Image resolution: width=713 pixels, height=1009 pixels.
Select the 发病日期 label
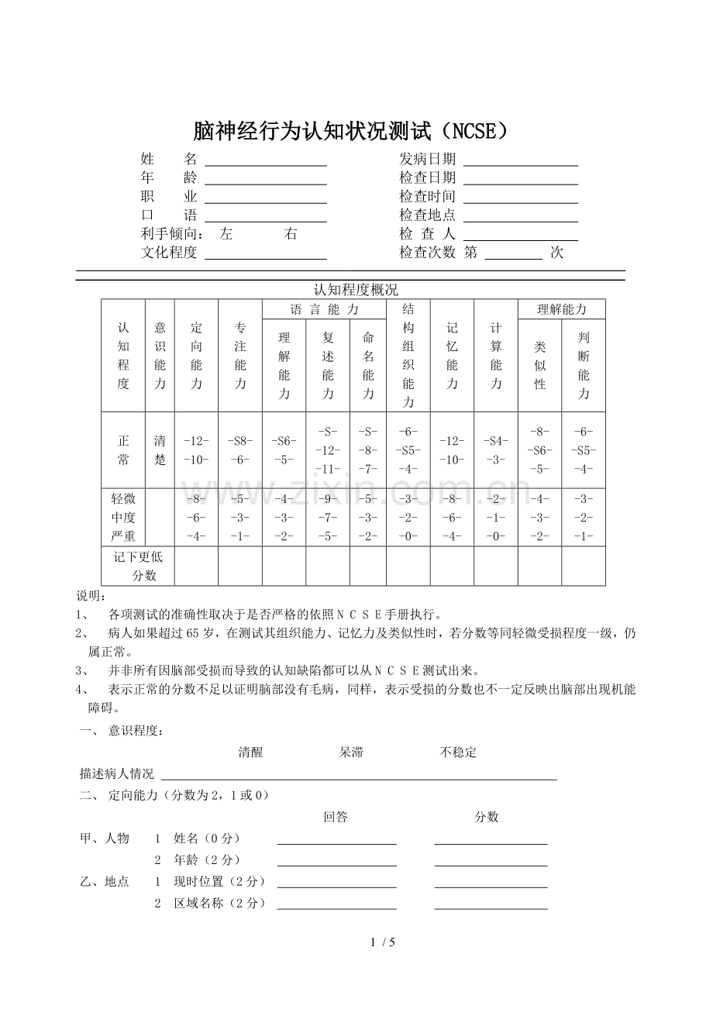(x=427, y=160)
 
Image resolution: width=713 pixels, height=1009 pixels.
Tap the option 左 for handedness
(x=226, y=234)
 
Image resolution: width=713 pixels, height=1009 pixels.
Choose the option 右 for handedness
(x=291, y=234)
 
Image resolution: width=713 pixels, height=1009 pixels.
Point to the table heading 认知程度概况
(x=355, y=291)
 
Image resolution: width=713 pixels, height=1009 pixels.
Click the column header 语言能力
(x=324, y=309)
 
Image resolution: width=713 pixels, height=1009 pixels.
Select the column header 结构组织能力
(x=408, y=355)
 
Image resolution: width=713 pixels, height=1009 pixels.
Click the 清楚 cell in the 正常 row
(x=160, y=450)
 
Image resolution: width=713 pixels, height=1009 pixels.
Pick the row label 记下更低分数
(x=138, y=566)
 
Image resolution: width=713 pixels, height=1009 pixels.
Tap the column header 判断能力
(x=583, y=366)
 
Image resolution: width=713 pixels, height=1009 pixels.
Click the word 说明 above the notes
(x=90, y=596)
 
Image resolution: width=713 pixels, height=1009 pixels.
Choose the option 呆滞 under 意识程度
(x=351, y=752)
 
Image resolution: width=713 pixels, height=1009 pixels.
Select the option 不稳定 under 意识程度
(x=458, y=752)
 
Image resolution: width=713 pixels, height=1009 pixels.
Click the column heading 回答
(x=336, y=817)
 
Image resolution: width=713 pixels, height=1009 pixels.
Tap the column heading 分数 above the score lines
(x=487, y=817)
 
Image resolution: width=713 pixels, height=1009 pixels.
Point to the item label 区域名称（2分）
(x=220, y=903)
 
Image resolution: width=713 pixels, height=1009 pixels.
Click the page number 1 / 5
(x=384, y=942)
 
